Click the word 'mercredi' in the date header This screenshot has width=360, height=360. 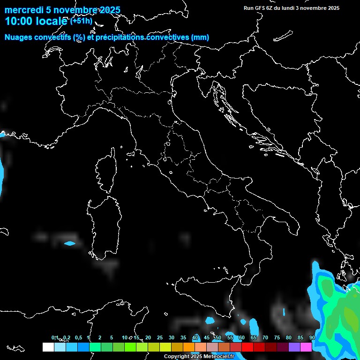23,10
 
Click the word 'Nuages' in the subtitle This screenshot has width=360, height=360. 19,37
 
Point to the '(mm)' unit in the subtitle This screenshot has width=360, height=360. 201,37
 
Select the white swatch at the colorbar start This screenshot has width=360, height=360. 48,347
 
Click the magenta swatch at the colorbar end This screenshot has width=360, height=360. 306,347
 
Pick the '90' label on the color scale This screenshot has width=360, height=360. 312,337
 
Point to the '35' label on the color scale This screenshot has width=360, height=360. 183,337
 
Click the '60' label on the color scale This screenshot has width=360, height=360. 242,337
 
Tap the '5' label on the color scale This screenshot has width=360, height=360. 112,337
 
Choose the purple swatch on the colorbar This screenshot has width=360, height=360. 294,347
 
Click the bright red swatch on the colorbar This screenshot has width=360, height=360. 247,347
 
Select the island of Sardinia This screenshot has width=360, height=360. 101,225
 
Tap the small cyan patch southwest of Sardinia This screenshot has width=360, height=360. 69,243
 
